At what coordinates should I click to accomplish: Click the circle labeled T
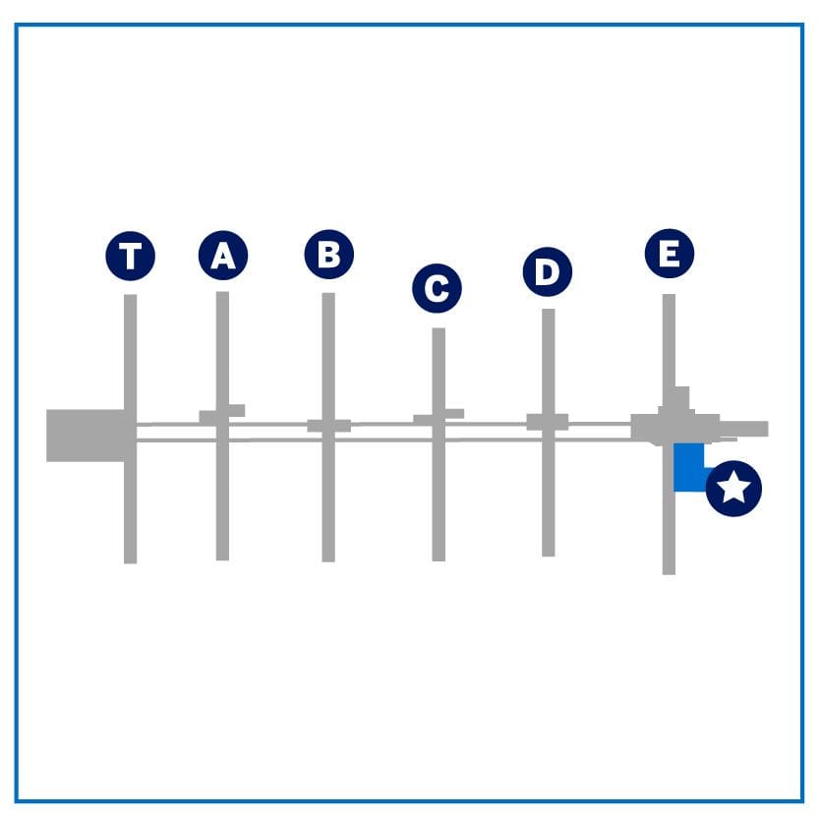click(130, 256)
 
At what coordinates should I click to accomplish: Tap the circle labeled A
click(223, 256)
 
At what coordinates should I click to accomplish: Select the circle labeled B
click(329, 255)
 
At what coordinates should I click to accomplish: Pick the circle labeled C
click(437, 288)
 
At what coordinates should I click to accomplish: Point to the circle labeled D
click(548, 271)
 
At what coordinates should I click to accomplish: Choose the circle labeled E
click(670, 254)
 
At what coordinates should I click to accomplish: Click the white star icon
click(733, 488)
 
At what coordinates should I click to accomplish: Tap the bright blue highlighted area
click(688, 467)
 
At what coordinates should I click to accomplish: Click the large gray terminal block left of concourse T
click(86, 436)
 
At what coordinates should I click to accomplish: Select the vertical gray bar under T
click(130, 429)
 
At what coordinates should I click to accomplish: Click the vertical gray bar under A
click(222, 426)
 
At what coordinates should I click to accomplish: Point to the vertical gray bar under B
click(328, 428)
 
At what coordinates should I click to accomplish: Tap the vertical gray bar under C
click(439, 444)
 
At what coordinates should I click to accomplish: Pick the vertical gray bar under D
click(549, 433)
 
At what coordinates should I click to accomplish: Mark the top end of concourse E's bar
click(670, 295)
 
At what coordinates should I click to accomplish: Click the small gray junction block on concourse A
click(222, 415)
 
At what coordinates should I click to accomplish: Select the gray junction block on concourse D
click(548, 422)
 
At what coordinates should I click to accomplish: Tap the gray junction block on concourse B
click(329, 426)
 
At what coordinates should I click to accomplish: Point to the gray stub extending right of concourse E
click(743, 429)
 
